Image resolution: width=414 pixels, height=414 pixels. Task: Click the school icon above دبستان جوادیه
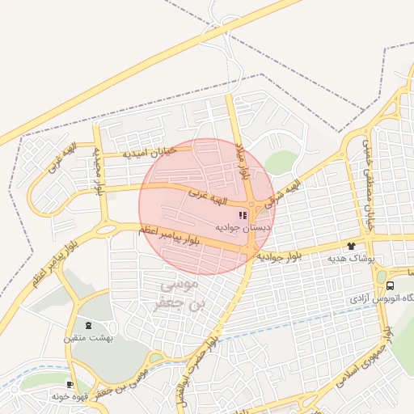243,215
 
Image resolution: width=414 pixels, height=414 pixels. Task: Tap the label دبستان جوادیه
243,229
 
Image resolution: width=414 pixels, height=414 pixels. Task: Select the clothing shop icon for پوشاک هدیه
351,245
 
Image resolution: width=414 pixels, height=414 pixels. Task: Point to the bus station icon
391,285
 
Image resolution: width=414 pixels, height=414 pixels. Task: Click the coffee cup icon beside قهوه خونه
70,384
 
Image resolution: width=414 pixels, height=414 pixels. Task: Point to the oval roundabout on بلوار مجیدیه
106,229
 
